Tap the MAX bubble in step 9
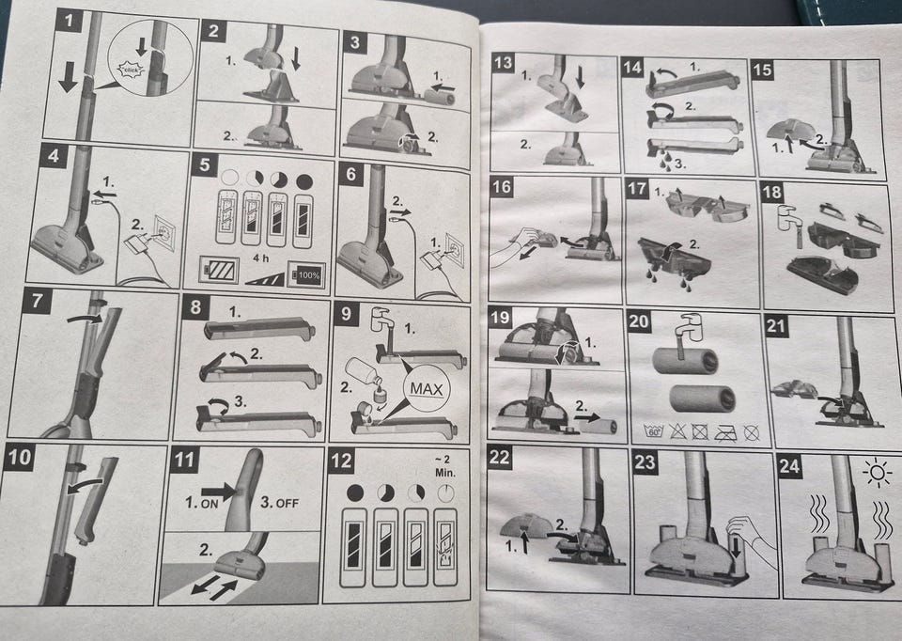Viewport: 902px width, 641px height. click(427, 389)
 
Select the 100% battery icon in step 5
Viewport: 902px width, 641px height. click(306, 275)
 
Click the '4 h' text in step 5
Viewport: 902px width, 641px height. click(260, 258)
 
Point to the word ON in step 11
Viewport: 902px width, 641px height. click(209, 504)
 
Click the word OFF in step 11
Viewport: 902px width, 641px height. click(288, 504)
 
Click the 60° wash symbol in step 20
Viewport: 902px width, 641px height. click(654, 430)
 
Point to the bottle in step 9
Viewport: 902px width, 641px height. click(364, 371)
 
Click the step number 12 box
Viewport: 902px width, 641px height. click(340, 462)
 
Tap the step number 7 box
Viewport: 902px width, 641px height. click(38, 302)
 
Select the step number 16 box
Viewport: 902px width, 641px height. click(502, 187)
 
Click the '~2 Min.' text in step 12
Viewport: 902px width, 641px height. click(444, 466)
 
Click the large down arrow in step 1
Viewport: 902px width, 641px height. click(68, 76)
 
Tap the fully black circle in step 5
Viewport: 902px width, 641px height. click(304, 182)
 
